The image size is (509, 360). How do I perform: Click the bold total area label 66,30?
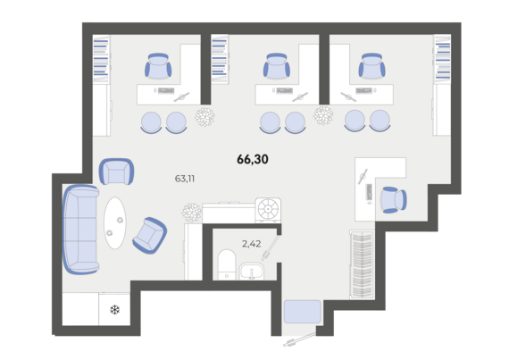pos(253,159)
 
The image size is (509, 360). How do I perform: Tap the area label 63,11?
pos(185,179)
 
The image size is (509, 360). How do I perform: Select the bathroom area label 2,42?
pos(251,244)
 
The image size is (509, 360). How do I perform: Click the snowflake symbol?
pos(114,310)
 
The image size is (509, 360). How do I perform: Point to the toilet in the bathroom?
pos(227,264)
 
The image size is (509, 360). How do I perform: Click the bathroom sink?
pos(252,272)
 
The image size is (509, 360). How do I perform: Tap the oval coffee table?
pos(115,223)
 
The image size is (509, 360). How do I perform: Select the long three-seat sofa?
pos(80,230)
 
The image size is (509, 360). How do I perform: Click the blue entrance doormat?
pos(303,312)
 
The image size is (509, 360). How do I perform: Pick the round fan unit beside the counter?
pos(268,210)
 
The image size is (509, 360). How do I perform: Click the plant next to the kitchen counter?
pos(191,213)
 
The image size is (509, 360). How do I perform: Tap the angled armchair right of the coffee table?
pos(150,235)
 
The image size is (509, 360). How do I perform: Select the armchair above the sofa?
pos(116,172)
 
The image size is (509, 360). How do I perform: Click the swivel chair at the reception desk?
pos(393,199)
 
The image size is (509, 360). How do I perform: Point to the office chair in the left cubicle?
pos(158,66)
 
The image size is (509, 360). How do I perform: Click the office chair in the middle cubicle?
pos(277,66)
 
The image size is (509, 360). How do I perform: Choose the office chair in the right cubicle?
pos(371,66)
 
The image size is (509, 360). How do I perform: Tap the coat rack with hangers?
pos(362,264)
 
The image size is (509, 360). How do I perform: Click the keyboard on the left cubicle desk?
pos(166,90)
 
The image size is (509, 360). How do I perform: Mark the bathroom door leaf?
pos(271,247)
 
